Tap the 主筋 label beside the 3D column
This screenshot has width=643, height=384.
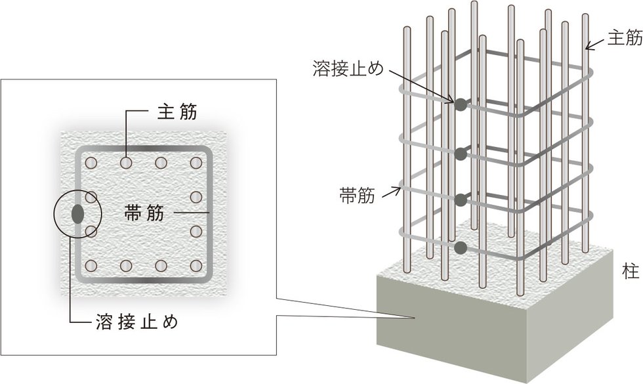tap(624, 38)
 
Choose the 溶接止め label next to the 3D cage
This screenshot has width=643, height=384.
tap(348, 68)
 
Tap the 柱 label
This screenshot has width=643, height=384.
tap(626, 270)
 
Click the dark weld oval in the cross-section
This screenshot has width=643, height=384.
tap(78, 213)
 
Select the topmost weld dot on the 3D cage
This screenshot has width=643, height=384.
tap(460, 104)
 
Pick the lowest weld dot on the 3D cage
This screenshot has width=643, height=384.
tap(461, 247)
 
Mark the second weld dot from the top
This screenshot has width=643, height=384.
tap(461, 153)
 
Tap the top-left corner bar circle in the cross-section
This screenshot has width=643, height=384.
tap(91, 161)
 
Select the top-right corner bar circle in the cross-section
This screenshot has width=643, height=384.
tap(196, 161)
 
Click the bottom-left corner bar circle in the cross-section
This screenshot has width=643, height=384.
tap(91, 266)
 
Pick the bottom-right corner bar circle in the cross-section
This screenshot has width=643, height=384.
tap(196, 266)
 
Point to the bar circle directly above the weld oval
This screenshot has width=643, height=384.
tap(91, 196)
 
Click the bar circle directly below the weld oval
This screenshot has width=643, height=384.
tap(91, 231)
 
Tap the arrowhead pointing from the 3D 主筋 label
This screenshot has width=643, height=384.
tap(588, 47)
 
